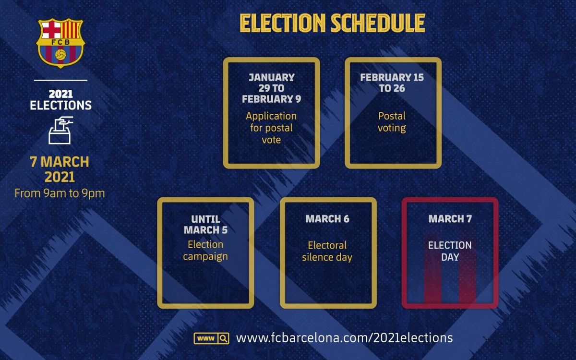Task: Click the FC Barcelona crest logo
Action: pyautogui.click(x=60, y=43)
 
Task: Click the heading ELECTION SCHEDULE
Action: pyautogui.click(x=332, y=24)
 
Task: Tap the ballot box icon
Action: pyautogui.click(x=60, y=130)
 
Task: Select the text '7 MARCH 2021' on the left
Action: pyautogui.click(x=60, y=169)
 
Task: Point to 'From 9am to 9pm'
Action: pyautogui.click(x=60, y=193)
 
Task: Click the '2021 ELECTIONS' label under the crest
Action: pyautogui.click(x=60, y=99)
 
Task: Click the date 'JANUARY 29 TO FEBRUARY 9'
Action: pyautogui.click(x=271, y=88)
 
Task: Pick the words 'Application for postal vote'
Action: pyautogui.click(x=271, y=128)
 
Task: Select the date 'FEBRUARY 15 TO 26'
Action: pyautogui.click(x=392, y=83)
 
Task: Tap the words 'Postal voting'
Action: pyautogui.click(x=392, y=122)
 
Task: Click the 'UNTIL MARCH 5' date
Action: pyautogui.click(x=205, y=224)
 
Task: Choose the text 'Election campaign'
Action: pyautogui.click(x=205, y=250)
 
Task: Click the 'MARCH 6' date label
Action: pyautogui.click(x=328, y=219)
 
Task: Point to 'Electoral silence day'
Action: pyautogui.click(x=327, y=251)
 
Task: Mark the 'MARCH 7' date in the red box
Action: pyautogui.click(x=450, y=219)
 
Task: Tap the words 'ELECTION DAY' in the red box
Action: pyautogui.click(x=450, y=251)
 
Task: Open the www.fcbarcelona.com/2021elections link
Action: pyautogui.click(x=344, y=338)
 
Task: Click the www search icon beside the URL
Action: pyautogui.click(x=211, y=338)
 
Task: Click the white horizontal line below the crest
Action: pyautogui.click(x=60, y=80)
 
